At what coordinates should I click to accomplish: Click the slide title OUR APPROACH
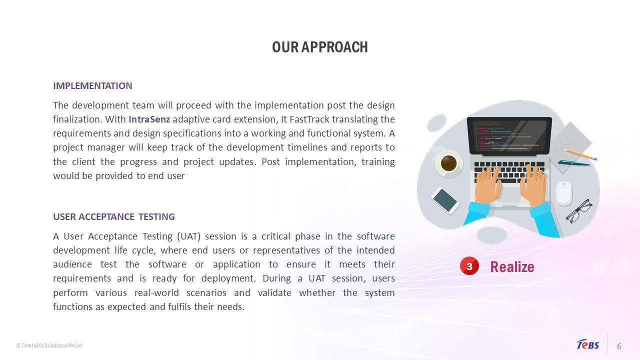click(319, 47)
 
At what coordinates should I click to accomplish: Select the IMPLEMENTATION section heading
click(92, 85)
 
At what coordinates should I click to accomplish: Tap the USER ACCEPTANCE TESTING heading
click(114, 216)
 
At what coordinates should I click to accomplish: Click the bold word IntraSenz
click(149, 119)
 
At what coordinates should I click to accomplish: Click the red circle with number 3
click(469, 266)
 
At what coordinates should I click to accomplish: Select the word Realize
click(512, 267)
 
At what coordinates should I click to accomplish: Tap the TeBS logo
click(587, 344)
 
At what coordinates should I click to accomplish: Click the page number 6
click(619, 346)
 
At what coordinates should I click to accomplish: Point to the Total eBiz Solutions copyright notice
click(49, 345)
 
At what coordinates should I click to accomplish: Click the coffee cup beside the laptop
click(448, 163)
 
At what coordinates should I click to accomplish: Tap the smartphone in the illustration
click(445, 200)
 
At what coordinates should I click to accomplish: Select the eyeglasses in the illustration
click(579, 211)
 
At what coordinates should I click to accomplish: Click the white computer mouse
click(564, 193)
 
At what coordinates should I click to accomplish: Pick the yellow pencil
click(579, 154)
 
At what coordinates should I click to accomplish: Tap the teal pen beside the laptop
click(573, 163)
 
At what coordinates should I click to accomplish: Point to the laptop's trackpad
click(509, 194)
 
